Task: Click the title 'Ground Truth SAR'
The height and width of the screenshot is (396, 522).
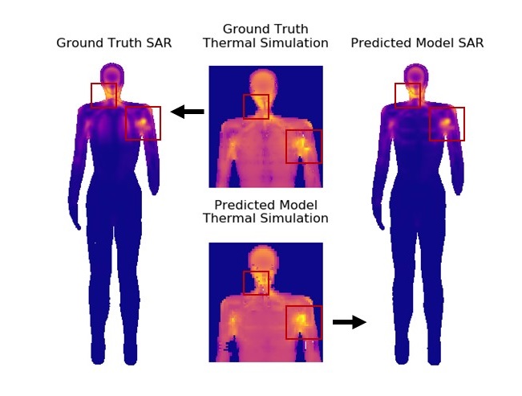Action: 114,43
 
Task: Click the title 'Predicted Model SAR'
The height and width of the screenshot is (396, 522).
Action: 417,43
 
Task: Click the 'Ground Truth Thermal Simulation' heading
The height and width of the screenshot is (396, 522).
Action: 265,36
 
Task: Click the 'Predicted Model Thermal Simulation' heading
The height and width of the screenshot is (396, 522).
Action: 265,211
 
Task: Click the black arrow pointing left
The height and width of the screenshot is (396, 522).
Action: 188,112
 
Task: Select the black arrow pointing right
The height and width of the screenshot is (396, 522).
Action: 349,322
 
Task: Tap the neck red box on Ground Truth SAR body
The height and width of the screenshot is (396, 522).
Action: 103,95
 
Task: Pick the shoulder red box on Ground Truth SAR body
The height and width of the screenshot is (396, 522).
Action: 143,123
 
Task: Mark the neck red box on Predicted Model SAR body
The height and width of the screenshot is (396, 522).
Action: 407,95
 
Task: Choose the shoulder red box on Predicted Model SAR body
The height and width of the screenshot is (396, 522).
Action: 447,124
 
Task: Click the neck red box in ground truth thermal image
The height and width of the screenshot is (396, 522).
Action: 256,107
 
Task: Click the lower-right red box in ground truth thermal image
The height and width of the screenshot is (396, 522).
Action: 304,146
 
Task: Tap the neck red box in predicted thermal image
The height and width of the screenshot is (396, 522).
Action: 256,283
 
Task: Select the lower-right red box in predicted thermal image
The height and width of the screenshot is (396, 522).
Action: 304,322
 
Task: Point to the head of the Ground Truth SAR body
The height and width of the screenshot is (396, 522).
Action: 112,74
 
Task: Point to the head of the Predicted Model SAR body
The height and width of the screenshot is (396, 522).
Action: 416,74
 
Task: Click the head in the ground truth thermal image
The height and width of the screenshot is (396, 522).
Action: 262,82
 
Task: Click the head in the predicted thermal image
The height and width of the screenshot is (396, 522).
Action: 262,259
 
